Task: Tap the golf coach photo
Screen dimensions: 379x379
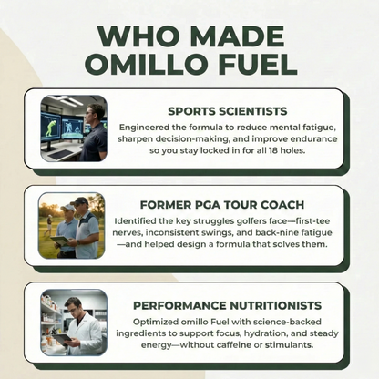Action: (x=72, y=225)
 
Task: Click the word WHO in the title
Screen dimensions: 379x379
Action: (x=135, y=34)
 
